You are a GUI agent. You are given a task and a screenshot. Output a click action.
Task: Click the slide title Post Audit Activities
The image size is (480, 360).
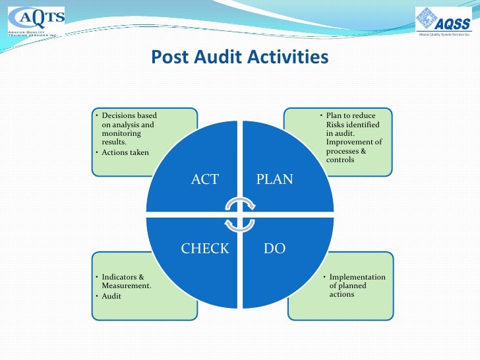pos(239,57)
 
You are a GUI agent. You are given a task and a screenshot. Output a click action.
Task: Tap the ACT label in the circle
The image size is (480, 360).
pos(204,179)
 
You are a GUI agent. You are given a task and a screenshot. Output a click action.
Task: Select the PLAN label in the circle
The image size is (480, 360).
pos(274,179)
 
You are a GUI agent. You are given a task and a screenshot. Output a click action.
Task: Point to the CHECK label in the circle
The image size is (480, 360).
pos(205,249)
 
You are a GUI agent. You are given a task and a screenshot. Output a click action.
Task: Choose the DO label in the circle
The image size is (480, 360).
pos(274,249)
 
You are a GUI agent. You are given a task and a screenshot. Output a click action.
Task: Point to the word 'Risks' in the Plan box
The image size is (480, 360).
pos(336,125)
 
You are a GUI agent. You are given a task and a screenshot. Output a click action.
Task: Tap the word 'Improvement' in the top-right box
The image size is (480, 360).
pos(347,142)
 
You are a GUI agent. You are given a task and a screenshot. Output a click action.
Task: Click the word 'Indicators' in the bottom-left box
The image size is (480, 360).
pos(119,277)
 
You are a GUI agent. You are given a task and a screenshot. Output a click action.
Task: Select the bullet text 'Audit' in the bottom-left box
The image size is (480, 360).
pos(111,296)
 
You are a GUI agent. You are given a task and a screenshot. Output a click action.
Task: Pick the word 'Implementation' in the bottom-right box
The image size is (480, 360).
pos(357,277)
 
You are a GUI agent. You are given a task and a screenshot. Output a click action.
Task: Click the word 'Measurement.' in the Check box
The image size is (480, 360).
pos(127,285)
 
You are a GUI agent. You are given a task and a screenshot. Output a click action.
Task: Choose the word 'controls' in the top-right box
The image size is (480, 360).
pos(340,159)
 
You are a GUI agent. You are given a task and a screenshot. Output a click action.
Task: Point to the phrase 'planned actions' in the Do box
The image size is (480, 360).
pos(348,290)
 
